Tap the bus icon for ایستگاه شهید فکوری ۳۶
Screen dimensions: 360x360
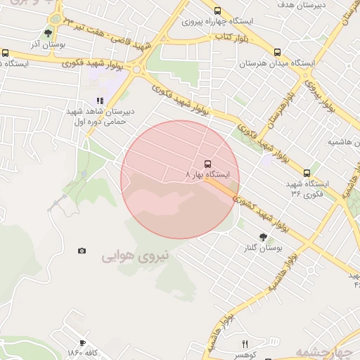(307, 173)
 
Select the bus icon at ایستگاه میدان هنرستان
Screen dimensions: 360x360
(277, 52)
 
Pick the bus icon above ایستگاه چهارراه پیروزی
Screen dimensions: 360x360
(217, 11)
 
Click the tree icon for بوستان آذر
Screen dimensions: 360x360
(48, 32)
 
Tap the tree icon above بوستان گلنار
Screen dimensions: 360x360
(263, 238)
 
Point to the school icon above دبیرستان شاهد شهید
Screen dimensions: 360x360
(100, 101)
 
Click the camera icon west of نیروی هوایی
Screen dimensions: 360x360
(82, 250)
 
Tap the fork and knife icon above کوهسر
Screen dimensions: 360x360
(245, 344)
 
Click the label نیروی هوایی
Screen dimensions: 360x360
(136, 256)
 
